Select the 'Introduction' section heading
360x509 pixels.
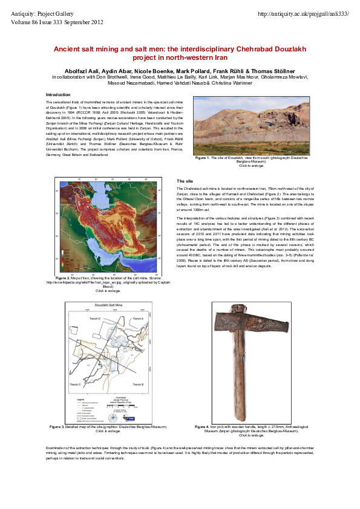coord(59,95)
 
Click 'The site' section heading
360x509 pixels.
coord(185,181)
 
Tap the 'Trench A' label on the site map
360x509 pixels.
coord(140,318)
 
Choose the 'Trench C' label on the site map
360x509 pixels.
coord(75,384)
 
